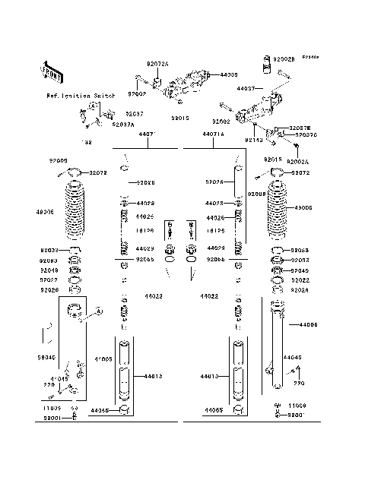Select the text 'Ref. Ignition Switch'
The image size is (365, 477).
point(81,96)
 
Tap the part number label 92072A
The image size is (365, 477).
point(158,65)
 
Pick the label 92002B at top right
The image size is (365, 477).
point(283,58)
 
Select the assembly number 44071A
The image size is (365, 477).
point(214,134)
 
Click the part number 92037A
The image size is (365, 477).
point(122,124)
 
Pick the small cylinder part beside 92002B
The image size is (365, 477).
point(267,66)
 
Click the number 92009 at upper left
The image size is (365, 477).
point(59,161)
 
